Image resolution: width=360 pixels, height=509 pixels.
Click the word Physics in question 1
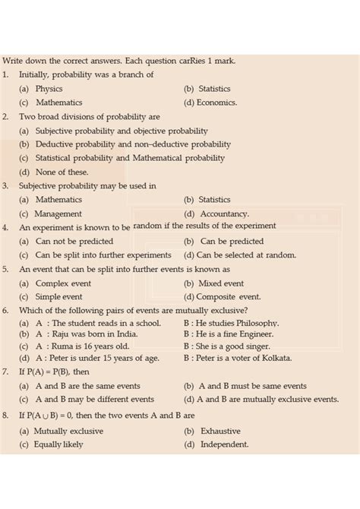pyautogui.click(x=49, y=89)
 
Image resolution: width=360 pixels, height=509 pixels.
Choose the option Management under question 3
pyautogui.click(x=58, y=214)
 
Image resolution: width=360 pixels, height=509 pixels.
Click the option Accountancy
pyautogui.click(x=224, y=214)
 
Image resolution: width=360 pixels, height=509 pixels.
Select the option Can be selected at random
pyautogui.click(x=246, y=255)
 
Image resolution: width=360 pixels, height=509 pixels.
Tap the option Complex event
pyautogui.click(x=64, y=283)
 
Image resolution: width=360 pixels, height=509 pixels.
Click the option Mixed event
pyautogui.click(x=221, y=283)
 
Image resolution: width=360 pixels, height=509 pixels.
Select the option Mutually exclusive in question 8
pyautogui.click(x=69, y=431)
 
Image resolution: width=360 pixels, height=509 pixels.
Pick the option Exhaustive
pyautogui.click(x=220, y=431)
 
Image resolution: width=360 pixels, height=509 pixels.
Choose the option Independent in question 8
pyautogui.click(x=224, y=444)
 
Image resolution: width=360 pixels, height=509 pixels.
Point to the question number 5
pyautogui.click(x=5, y=269)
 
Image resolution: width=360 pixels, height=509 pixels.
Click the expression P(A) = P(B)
pyautogui.click(x=43, y=372)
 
